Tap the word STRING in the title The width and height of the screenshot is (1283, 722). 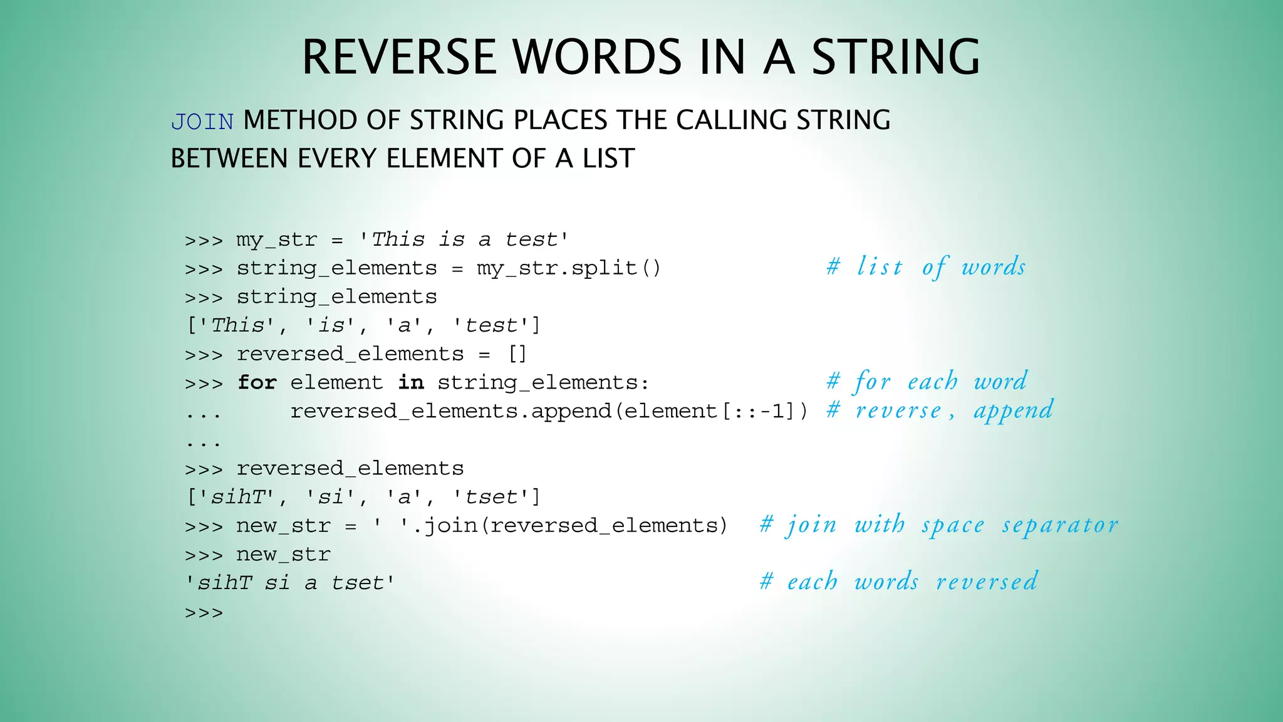[896, 58]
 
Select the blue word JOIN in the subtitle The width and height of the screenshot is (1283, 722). [202, 122]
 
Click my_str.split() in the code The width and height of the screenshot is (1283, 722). [569, 268]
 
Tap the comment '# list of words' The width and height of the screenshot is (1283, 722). [926, 267]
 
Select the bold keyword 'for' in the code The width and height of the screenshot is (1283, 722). [257, 382]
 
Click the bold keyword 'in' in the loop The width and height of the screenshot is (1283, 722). [411, 382]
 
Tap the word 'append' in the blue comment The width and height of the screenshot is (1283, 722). [1013, 411]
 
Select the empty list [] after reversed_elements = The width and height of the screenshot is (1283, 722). [517, 354]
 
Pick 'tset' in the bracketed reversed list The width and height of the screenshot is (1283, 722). [492, 497]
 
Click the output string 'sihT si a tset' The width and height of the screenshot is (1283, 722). [290, 583]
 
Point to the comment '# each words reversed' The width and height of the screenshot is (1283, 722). [899, 582]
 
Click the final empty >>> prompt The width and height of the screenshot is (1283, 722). [204, 612]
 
